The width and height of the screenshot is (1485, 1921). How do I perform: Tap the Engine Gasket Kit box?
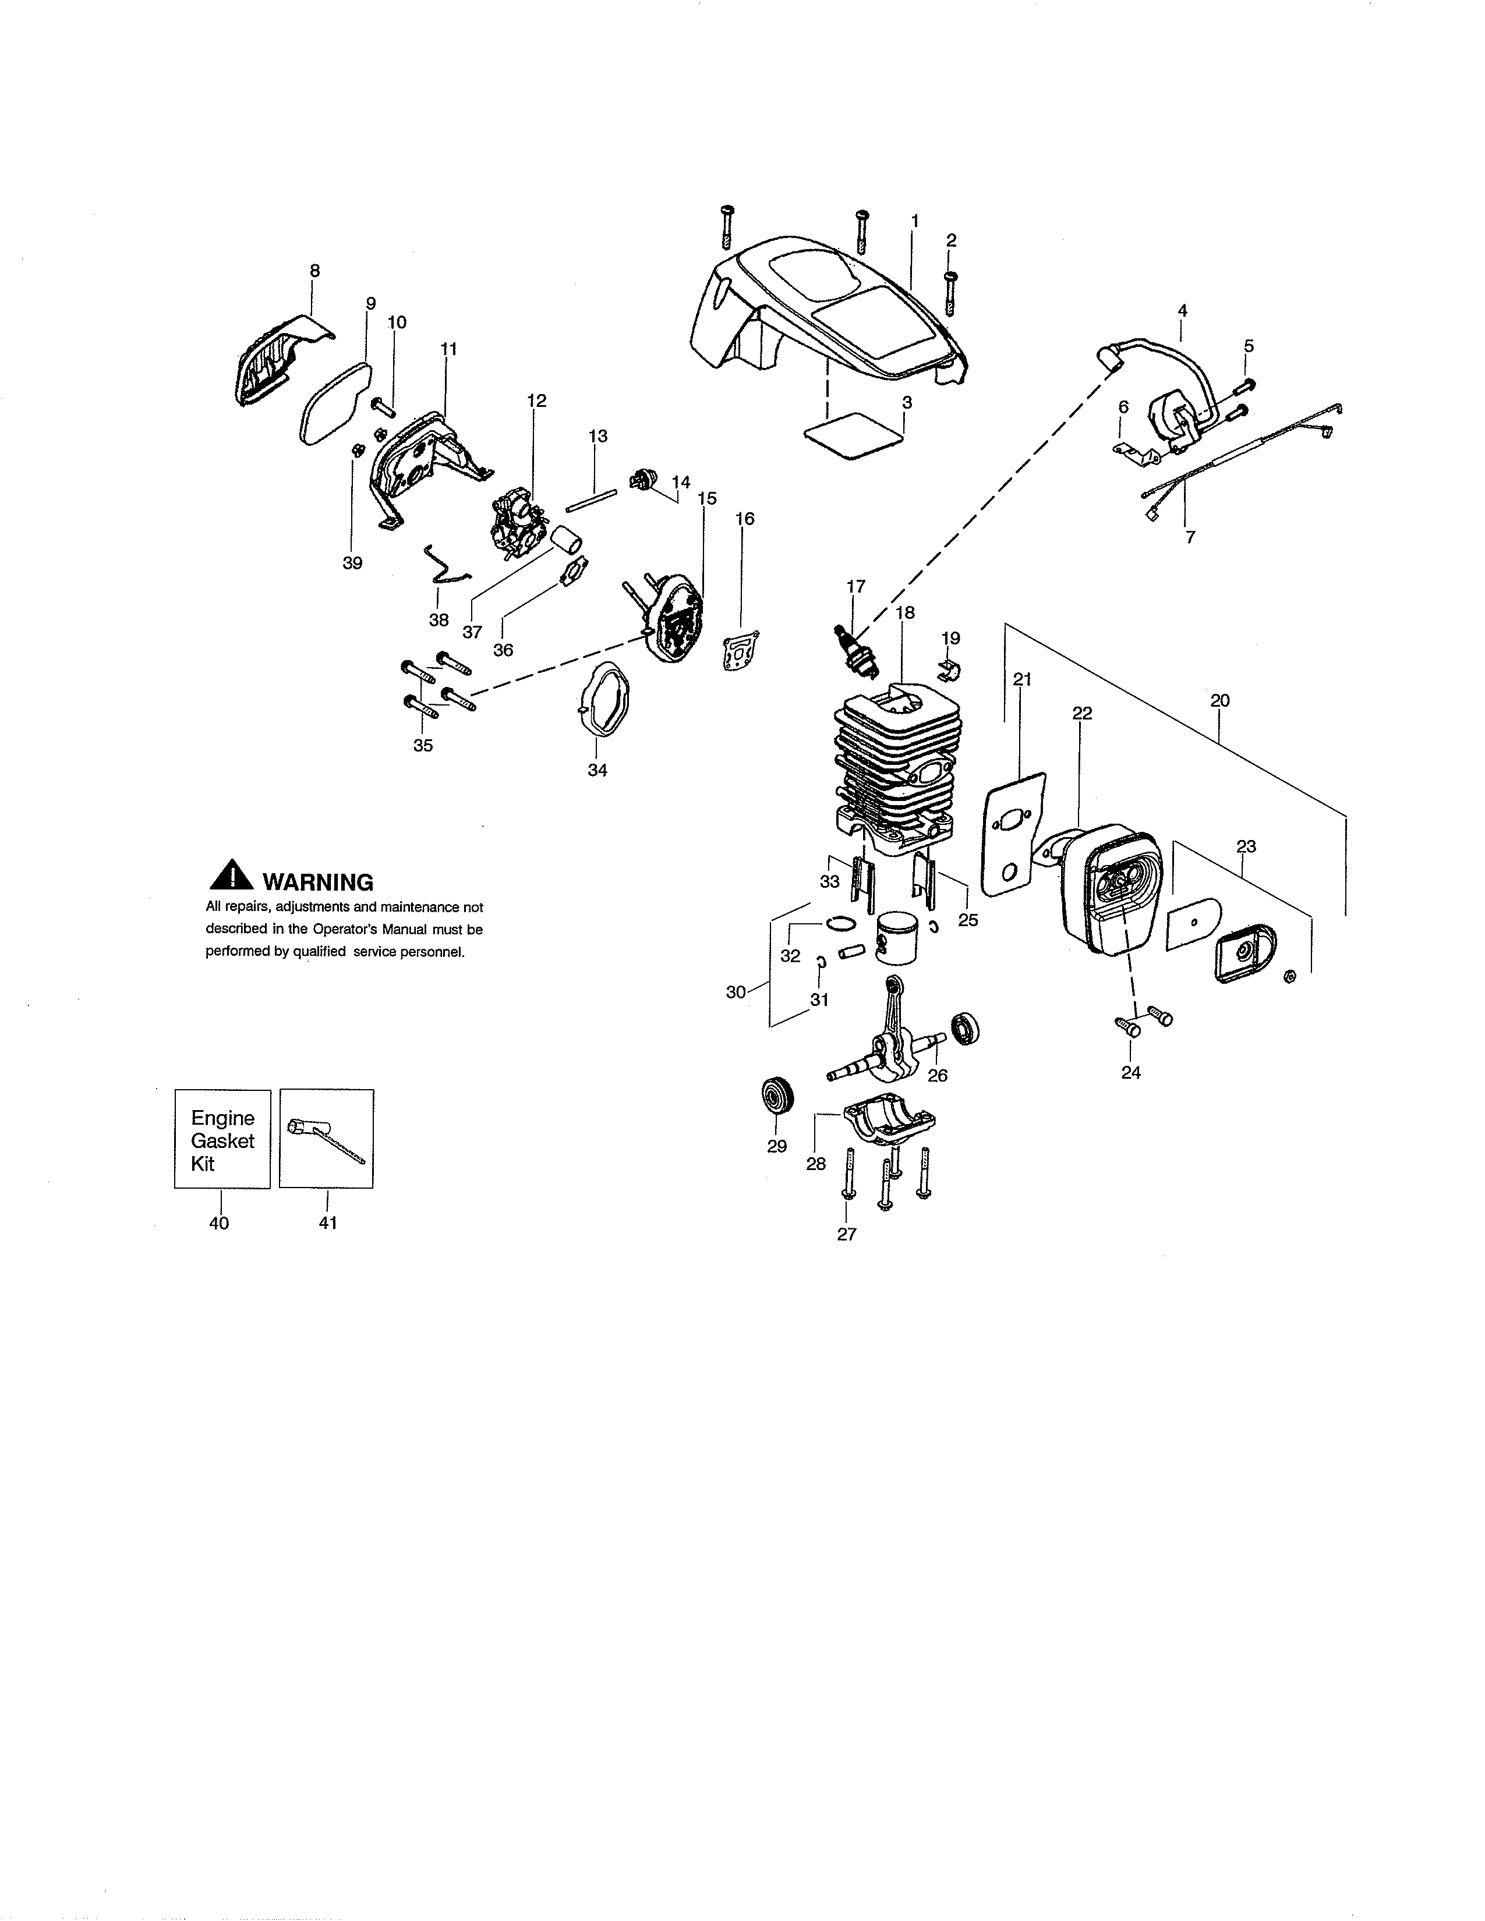(x=222, y=1140)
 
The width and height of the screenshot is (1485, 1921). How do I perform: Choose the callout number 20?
(x=1219, y=701)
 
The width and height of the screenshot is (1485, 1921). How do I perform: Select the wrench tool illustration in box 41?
(x=326, y=1142)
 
